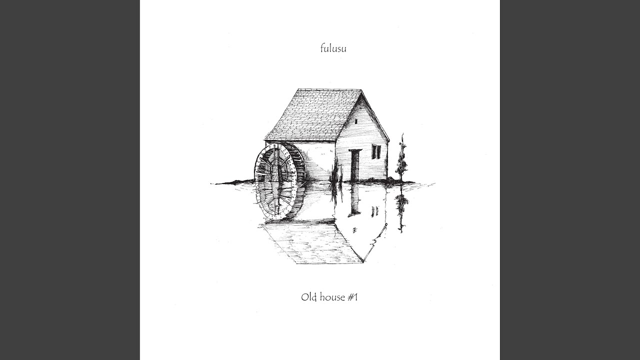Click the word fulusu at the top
click(333, 48)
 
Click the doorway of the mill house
click(355, 165)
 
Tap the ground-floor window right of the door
click(376, 151)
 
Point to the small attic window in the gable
click(355, 121)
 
